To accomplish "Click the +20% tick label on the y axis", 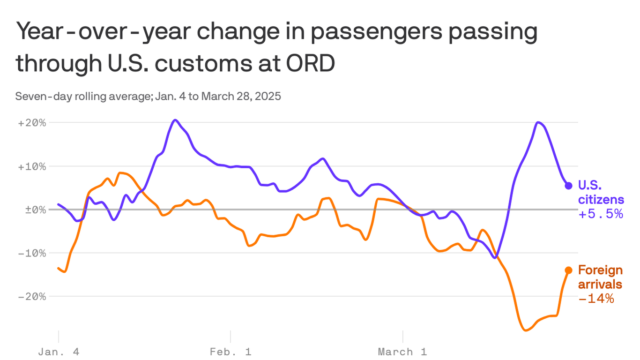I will [32, 123].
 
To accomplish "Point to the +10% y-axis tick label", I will [32, 166].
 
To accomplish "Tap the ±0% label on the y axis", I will [35, 210].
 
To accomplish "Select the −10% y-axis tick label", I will [32, 253].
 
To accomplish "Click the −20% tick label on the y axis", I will [32, 296].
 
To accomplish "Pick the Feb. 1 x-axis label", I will [231, 352].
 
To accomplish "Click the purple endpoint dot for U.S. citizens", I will [568, 186].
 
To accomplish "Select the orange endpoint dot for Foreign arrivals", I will [568, 270].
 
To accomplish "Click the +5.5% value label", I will [601, 214].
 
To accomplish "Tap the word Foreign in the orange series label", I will [600, 270].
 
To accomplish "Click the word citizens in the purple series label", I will [601, 200].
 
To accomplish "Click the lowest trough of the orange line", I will [526, 330].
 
